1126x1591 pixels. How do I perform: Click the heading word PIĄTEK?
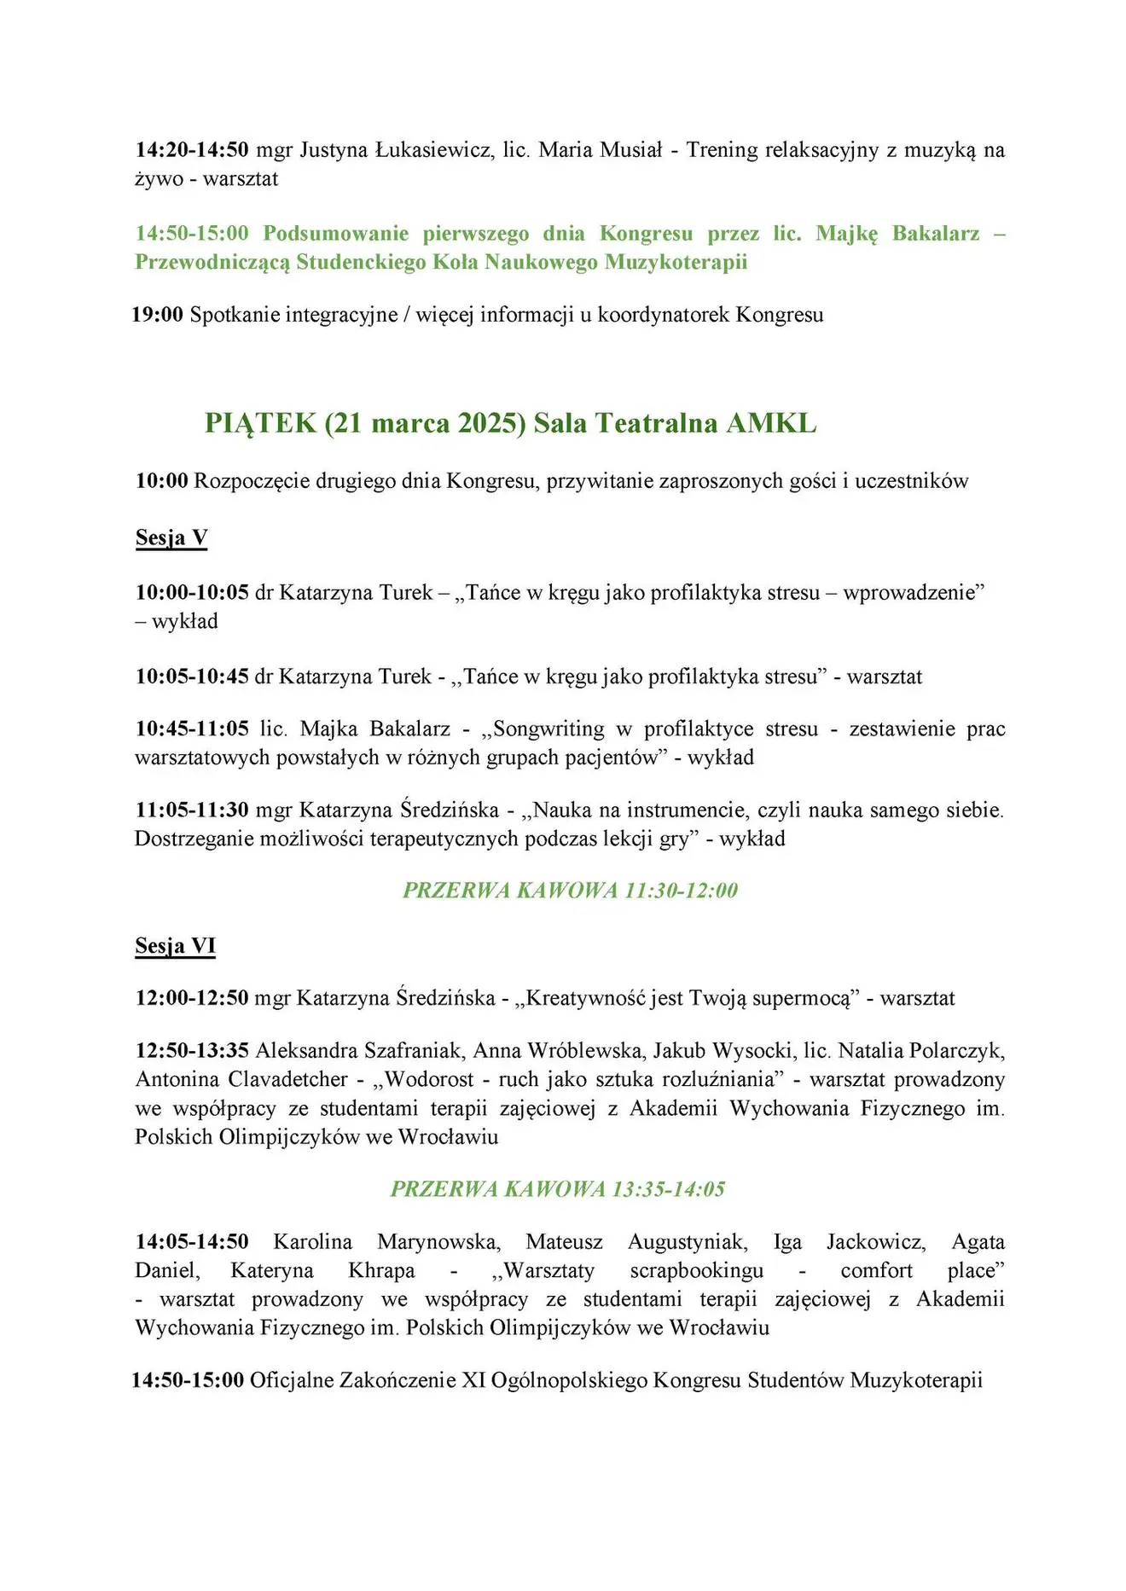(260, 423)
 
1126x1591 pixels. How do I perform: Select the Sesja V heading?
(171, 537)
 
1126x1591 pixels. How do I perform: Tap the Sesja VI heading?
(175, 945)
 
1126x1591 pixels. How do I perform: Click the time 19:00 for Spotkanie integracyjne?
(158, 315)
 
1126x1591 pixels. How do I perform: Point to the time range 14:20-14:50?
(192, 150)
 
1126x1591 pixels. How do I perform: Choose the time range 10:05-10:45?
(192, 676)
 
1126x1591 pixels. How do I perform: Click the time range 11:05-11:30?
(192, 810)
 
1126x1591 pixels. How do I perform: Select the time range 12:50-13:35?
(192, 1050)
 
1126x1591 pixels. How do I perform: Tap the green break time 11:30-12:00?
(681, 891)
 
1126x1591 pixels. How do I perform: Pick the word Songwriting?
(548, 729)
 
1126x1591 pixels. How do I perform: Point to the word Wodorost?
(429, 1079)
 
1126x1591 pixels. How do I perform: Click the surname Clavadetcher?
(287, 1079)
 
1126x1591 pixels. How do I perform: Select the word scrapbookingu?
(697, 1270)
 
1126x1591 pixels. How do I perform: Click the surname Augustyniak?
(688, 1241)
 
